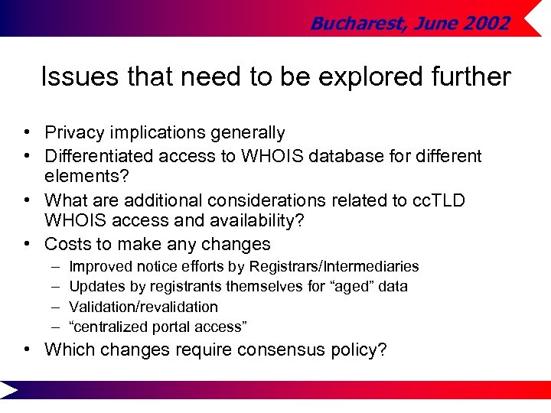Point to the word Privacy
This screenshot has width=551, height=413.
point(74,133)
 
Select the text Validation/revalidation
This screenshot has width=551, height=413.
point(143,307)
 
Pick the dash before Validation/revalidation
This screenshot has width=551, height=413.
point(56,307)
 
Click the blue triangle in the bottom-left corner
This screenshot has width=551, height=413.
point(8,391)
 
